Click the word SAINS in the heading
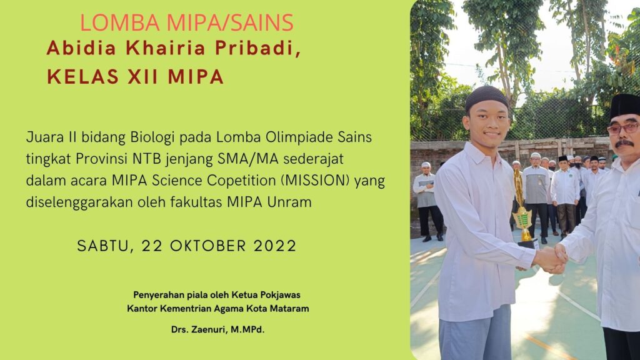point(262,22)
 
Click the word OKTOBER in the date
point(208,246)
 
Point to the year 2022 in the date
point(275,246)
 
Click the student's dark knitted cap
point(486,98)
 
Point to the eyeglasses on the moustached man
point(622,129)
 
